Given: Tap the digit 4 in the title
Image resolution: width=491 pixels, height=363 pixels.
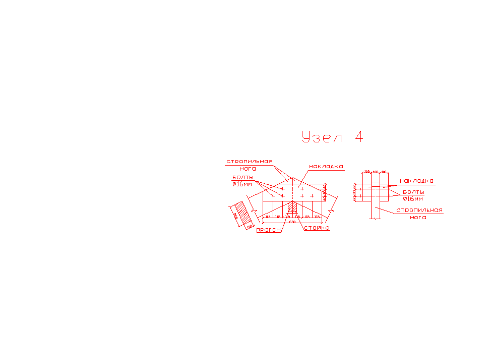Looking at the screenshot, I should (358, 136).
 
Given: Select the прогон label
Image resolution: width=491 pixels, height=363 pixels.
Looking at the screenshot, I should (268, 230).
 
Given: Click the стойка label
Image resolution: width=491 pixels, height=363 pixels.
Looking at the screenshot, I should (317, 228).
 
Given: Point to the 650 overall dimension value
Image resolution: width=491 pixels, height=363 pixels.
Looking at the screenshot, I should (292, 222).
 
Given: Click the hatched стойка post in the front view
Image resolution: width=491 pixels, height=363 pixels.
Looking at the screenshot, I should (292, 208).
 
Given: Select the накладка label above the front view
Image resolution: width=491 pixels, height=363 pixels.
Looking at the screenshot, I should (326, 166).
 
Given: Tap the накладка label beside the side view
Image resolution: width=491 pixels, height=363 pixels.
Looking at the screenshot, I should (416, 181).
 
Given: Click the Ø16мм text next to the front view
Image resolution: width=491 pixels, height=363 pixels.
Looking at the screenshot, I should (242, 184).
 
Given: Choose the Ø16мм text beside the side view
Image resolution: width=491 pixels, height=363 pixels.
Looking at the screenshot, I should (413, 198).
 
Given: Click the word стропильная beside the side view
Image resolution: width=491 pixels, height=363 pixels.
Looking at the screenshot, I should (419, 210).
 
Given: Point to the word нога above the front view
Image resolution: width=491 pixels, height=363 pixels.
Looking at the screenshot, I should (248, 169).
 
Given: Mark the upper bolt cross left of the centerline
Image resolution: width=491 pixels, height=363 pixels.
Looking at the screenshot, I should (283, 188).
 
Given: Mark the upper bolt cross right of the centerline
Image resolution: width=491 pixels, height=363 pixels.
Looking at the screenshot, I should (302, 188).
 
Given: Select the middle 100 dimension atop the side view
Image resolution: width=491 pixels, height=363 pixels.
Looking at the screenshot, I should (375, 172).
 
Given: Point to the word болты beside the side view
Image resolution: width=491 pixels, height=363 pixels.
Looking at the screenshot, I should (413, 192).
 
